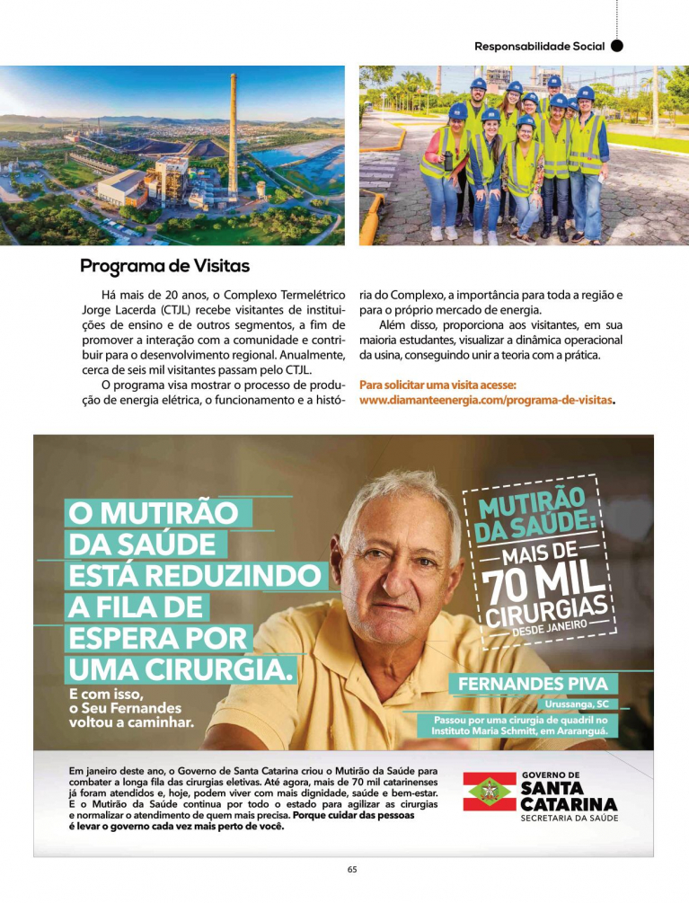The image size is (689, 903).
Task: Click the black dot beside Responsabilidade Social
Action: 616,45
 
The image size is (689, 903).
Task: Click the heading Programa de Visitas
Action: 164,266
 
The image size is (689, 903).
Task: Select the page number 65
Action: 352,869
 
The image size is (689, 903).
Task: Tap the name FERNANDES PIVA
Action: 533,684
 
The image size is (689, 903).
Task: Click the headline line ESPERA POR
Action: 157,638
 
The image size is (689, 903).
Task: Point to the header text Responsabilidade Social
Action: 539,45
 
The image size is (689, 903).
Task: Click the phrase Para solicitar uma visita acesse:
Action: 437,385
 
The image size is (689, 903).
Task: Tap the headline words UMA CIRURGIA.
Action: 181,669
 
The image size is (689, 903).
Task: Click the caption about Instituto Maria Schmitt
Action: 520,725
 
